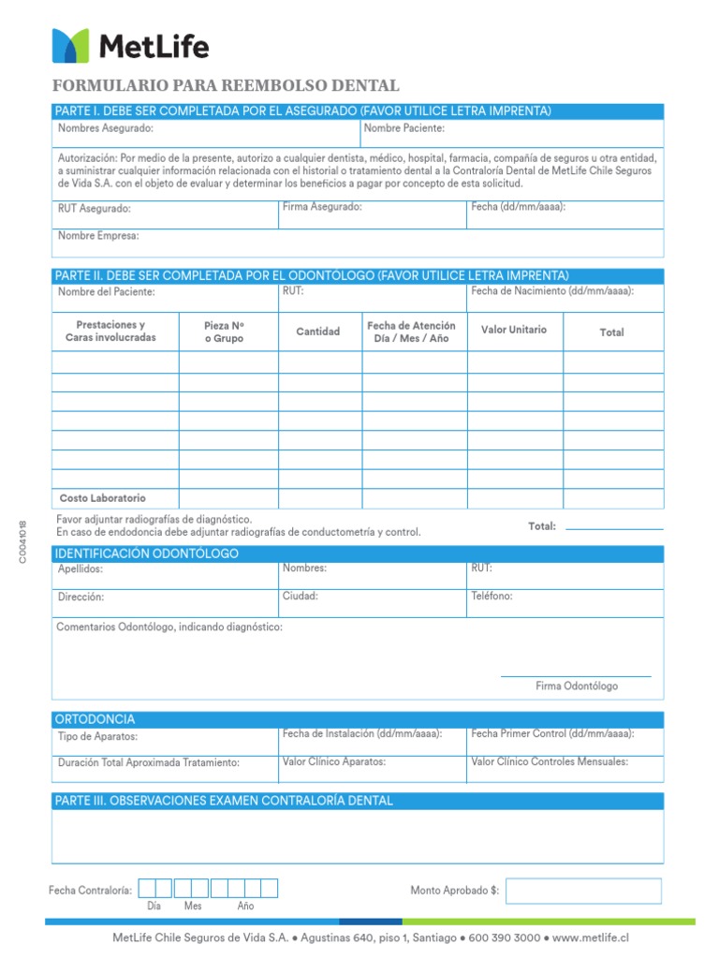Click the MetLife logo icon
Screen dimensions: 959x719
coord(70,45)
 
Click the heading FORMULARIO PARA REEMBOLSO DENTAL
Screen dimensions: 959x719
coord(227,86)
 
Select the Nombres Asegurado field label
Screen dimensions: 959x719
coord(106,128)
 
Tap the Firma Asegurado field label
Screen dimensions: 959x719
coord(322,207)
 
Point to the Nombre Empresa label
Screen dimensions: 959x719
coord(98,236)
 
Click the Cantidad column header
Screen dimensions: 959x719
coord(318,332)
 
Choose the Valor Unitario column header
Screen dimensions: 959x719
coord(514,331)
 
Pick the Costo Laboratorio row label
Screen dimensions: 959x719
coord(103,498)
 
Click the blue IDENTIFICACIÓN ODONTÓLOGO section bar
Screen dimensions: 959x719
coord(358,553)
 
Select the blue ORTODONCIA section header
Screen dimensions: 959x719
coord(358,719)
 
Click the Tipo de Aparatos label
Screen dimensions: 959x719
coord(97,737)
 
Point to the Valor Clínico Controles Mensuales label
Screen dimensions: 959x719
coord(550,762)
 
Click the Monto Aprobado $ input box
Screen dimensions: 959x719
coord(583,891)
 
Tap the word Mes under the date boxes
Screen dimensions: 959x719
coord(193,907)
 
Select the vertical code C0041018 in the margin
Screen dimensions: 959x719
coord(22,541)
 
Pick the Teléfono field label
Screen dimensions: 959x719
coord(492,597)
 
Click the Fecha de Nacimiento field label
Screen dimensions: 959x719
coord(552,291)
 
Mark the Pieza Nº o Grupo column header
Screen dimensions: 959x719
coord(224,332)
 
